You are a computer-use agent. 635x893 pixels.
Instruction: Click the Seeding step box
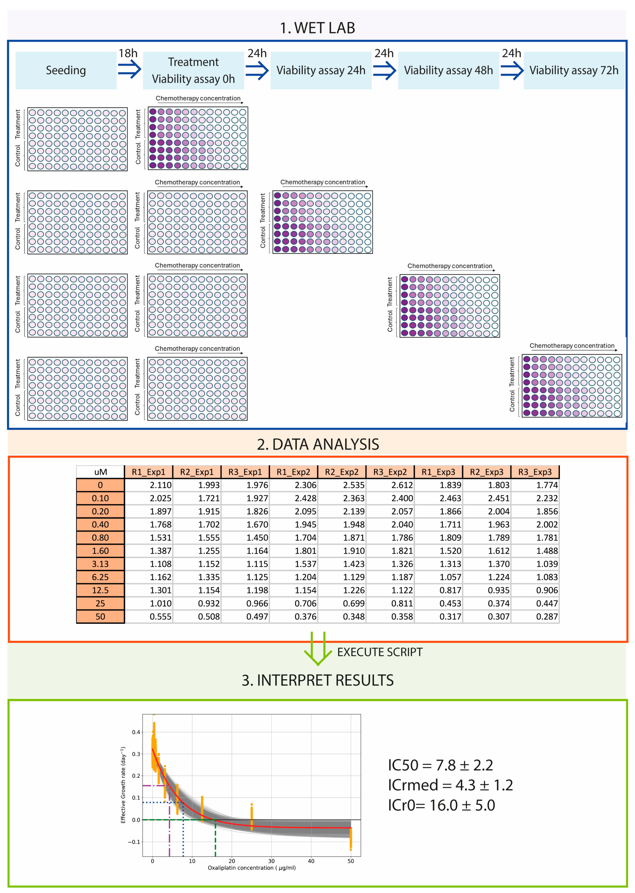tap(66, 70)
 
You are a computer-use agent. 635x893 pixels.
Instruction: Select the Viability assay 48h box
tap(448, 70)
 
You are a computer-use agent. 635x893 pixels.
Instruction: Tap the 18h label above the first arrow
tap(128, 53)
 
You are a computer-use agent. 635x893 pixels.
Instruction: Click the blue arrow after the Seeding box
tap(130, 70)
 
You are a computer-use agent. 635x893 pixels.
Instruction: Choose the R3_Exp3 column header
tap(534, 472)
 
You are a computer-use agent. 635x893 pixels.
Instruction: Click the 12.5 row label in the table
tap(100, 590)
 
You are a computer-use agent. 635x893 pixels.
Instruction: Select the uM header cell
tap(101, 472)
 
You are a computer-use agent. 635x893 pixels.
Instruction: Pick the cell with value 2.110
tap(160, 485)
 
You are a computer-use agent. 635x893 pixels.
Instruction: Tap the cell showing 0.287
tap(546, 617)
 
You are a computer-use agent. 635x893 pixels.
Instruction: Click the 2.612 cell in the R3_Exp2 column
tap(402, 485)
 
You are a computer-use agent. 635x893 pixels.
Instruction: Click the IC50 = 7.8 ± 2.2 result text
tap(440, 765)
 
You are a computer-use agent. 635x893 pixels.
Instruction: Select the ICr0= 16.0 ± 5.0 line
tap(441, 805)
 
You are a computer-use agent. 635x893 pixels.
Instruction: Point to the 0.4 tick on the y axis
tap(136, 732)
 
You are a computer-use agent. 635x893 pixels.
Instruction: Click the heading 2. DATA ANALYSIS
tap(318, 444)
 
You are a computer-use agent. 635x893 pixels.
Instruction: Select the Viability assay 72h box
tap(573, 70)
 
